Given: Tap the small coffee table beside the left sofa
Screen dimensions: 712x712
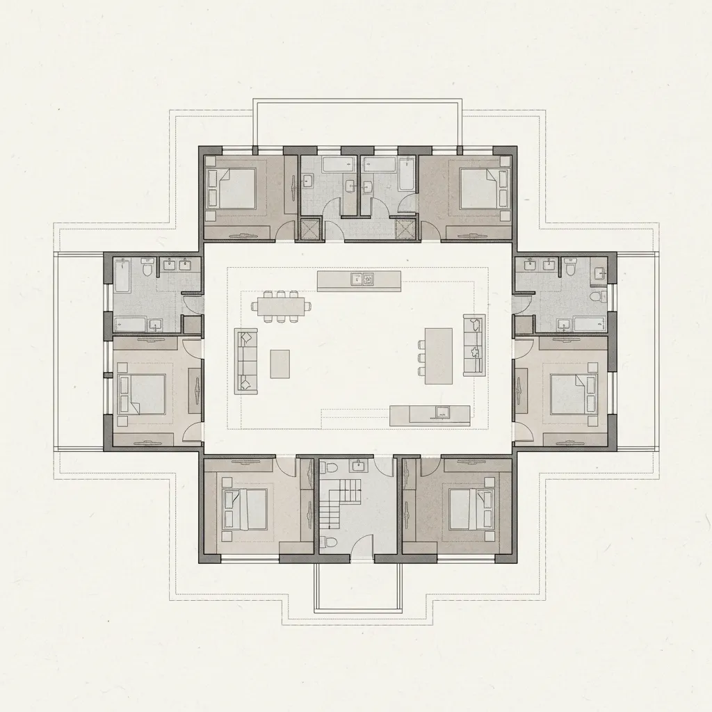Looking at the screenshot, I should pyautogui.click(x=280, y=364).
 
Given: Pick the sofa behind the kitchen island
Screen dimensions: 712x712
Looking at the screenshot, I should pyautogui.click(x=474, y=345).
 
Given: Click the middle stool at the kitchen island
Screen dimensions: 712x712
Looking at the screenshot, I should pyautogui.click(x=421, y=357).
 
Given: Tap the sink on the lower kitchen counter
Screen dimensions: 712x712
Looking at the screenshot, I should pyautogui.click(x=441, y=414).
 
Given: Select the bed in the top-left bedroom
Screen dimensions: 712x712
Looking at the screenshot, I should pyautogui.click(x=235, y=188).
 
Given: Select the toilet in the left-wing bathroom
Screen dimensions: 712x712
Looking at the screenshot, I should pyautogui.click(x=147, y=266).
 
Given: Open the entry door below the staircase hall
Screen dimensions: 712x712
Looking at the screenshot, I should pyautogui.click(x=362, y=549).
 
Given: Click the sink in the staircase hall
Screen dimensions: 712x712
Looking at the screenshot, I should pyautogui.click(x=359, y=465).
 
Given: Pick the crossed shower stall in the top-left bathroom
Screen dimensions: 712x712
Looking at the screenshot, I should pyautogui.click(x=307, y=229).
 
